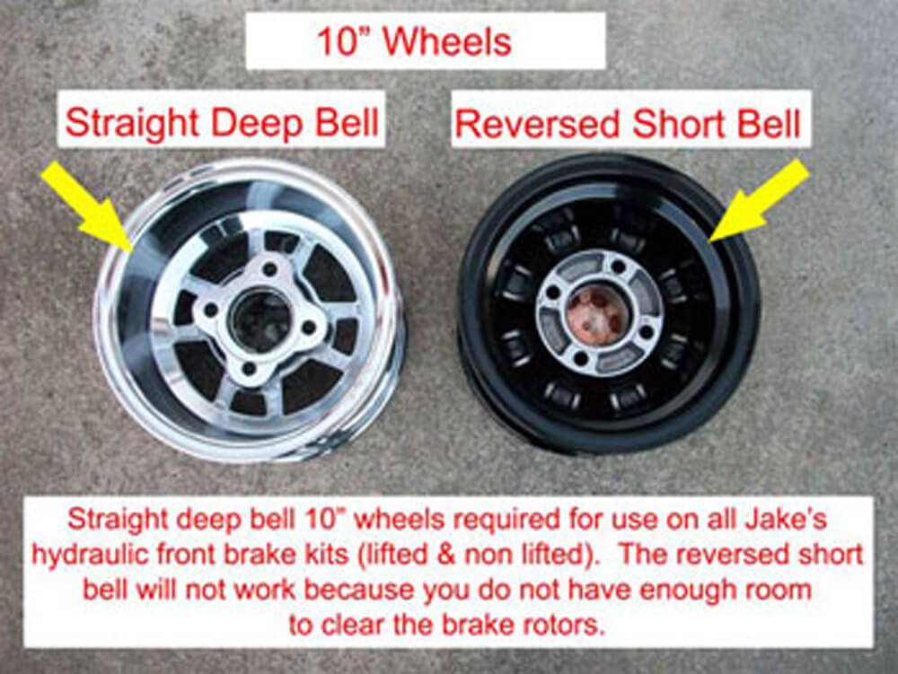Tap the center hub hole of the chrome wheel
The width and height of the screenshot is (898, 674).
260,319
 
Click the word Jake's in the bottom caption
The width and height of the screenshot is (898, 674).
789,521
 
